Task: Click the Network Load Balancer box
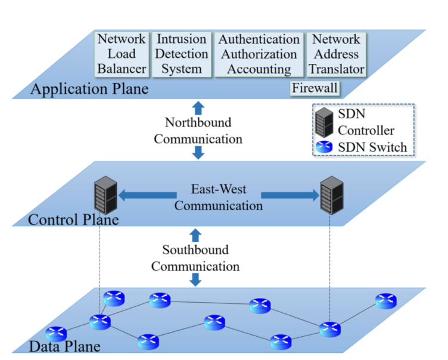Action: (122, 54)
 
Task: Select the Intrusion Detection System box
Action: (181, 54)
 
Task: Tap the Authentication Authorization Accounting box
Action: (259, 54)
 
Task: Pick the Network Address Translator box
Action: (337, 54)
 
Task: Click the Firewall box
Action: (315, 88)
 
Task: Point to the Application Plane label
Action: (89, 90)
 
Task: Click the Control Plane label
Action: (73, 220)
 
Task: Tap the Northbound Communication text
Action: (198, 131)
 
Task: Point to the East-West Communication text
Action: (219, 198)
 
